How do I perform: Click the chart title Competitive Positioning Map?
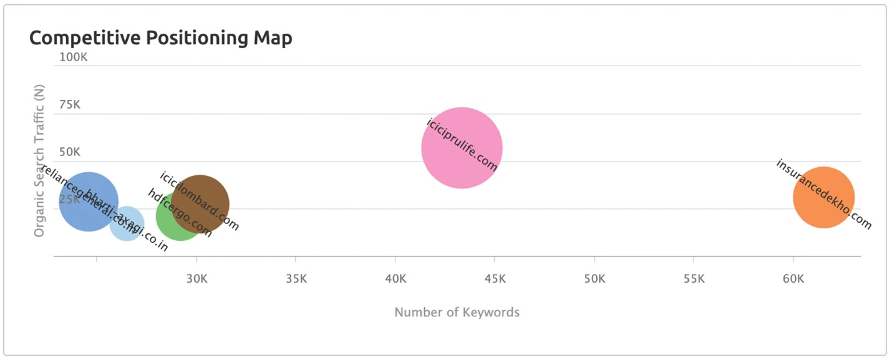click(160, 38)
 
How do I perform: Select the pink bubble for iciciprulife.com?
click(462, 148)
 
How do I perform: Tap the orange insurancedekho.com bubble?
click(823, 197)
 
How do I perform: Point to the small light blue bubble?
click(127, 223)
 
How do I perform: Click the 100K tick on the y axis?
click(73, 57)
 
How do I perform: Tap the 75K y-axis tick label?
click(70, 105)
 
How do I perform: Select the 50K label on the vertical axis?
click(70, 152)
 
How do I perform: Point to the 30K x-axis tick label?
click(196, 278)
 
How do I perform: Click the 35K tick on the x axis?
click(296, 278)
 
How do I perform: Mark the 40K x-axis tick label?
click(395, 278)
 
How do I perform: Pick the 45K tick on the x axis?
click(495, 278)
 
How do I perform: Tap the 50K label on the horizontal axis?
click(594, 278)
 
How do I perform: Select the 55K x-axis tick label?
click(694, 278)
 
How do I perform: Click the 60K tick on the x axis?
click(793, 278)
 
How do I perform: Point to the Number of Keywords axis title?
click(457, 312)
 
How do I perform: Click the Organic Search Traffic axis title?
click(39, 161)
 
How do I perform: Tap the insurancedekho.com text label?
click(823, 194)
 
